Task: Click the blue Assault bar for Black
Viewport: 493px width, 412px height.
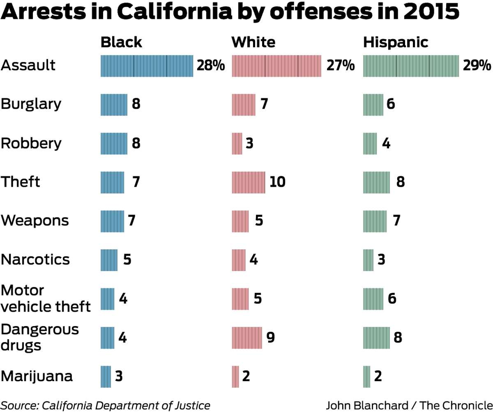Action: (x=147, y=66)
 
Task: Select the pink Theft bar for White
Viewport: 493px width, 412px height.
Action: (x=248, y=183)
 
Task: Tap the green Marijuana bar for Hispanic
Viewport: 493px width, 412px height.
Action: (x=366, y=377)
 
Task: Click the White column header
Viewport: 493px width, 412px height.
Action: (x=253, y=42)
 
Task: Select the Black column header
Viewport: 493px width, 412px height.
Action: (x=121, y=42)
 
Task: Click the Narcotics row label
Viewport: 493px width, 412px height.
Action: (x=35, y=259)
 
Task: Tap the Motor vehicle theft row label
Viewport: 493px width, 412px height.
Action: (x=45, y=298)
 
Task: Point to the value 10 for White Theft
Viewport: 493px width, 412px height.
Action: (x=277, y=182)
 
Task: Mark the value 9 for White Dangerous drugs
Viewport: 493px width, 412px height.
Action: (x=270, y=338)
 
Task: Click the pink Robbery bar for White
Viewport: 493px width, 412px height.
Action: (x=237, y=144)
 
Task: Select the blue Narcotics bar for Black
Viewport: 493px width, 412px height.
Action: (x=109, y=260)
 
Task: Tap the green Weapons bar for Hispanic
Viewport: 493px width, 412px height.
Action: (x=375, y=221)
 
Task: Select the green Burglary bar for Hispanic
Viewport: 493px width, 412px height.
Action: (x=373, y=104)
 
